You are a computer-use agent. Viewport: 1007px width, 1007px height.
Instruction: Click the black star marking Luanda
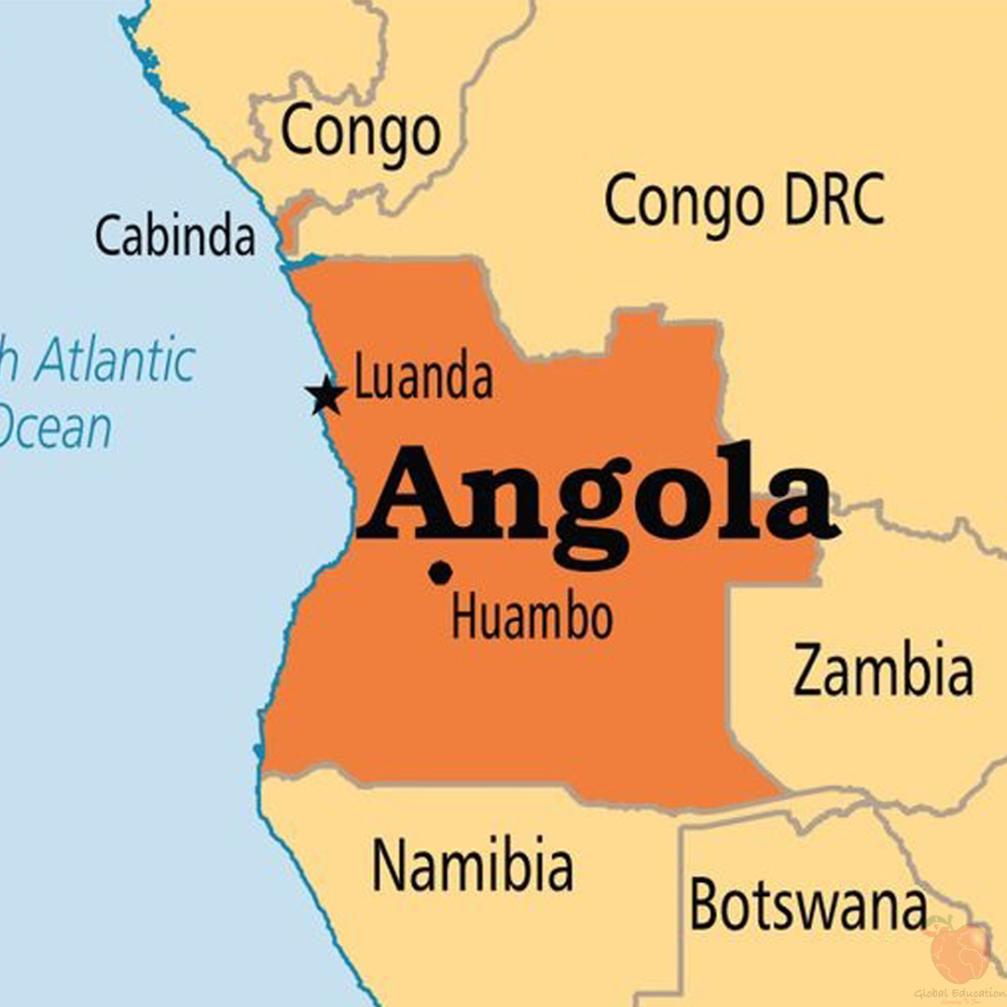(326, 395)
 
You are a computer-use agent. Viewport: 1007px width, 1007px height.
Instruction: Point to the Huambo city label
(531, 617)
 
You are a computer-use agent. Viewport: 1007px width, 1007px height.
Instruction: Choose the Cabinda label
(174, 237)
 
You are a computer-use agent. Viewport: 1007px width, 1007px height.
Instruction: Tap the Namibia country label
(472, 864)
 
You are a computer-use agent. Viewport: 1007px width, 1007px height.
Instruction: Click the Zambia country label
(883, 671)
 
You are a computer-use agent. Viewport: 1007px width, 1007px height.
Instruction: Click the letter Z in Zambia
(812, 672)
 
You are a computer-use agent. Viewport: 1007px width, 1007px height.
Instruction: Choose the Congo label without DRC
(359, 132)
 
